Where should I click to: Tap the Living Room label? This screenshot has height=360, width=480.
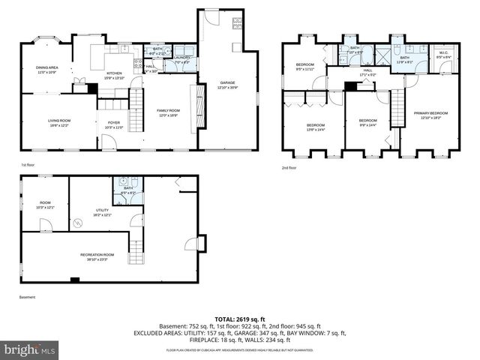tap(58, 122)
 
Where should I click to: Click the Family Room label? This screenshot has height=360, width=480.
tap(168, 112)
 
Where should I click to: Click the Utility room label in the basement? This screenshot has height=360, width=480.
tap(103, 213)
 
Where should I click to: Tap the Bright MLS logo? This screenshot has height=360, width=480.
tap(30, 349)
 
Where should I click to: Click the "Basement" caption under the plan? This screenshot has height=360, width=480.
tap(28, 297)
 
